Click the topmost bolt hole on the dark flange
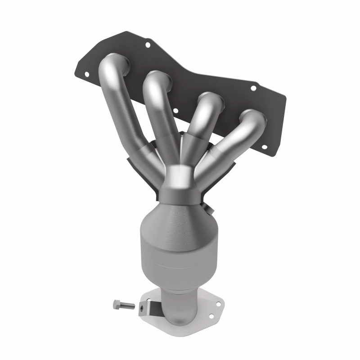pyautogui.click(x=147, y=45)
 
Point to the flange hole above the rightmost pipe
pyautogui.click(x=253, y=88)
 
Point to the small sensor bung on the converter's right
pyautogui.click(x=208, y=208)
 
